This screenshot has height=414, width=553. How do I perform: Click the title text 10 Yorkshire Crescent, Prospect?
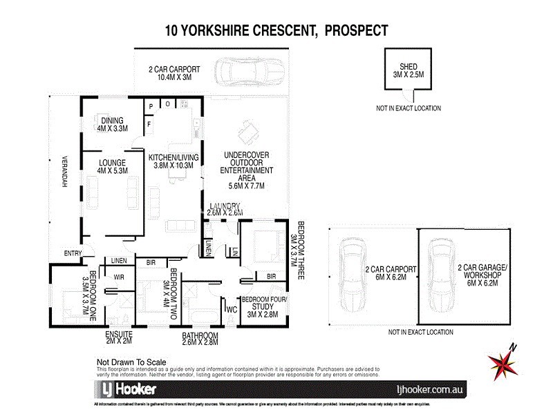point(276,30)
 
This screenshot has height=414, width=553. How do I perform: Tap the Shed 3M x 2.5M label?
point(408,70)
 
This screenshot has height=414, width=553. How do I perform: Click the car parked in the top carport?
point(247,72)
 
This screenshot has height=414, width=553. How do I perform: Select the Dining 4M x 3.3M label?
point(113,124)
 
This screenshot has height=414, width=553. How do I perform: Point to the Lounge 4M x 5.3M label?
point(112,167)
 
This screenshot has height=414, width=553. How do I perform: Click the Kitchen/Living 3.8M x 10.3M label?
point(174,162)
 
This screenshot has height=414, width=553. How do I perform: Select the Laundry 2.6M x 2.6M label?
point(223,209)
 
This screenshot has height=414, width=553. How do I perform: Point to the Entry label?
point(73,253)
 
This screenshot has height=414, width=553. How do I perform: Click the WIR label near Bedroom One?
point(118,277)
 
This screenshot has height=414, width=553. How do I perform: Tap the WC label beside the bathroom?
point(232,309)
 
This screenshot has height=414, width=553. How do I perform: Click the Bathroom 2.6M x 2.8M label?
point(200,339)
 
